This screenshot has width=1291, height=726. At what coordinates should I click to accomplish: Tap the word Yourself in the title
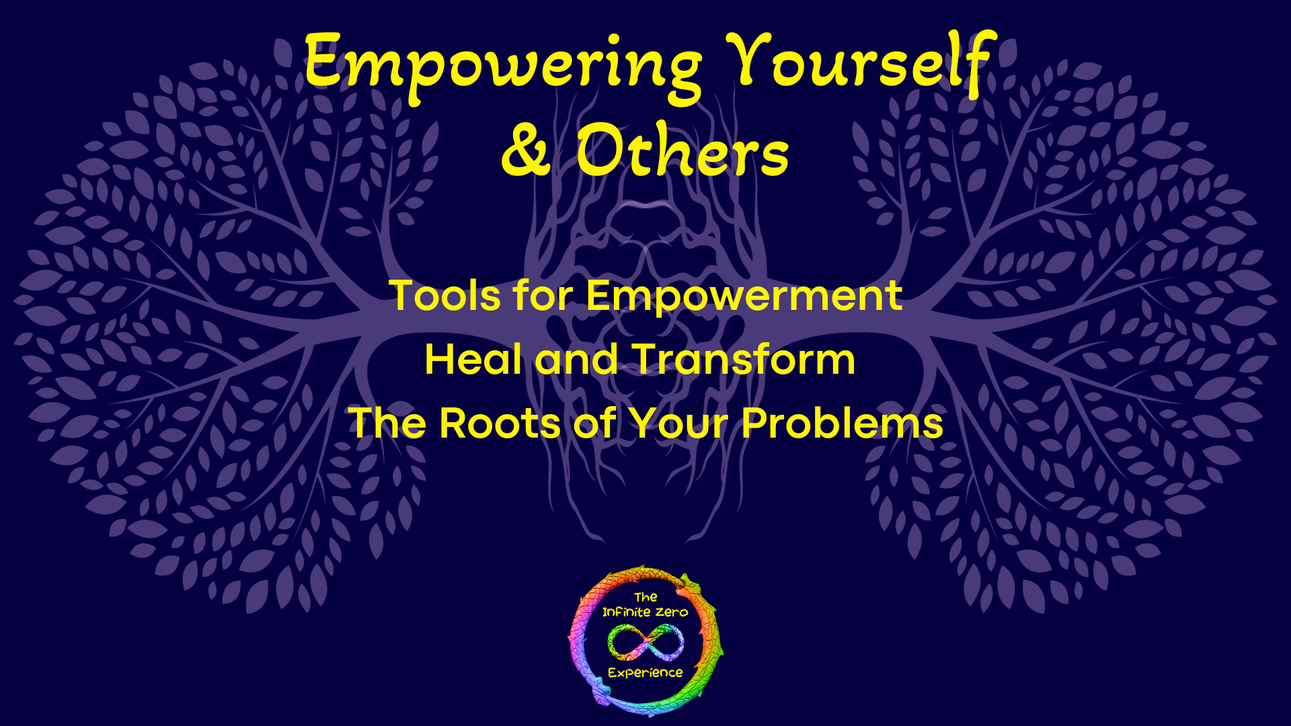click(x=861, y=64)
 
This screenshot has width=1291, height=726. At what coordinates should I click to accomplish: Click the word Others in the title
click(x=682, y=152)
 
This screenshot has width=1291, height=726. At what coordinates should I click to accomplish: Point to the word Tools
click(x=444, y=295)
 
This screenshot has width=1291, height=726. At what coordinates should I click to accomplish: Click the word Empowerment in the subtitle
click(x=744, y=295)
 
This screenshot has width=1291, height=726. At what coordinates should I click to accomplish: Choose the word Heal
click(x=473, y=359)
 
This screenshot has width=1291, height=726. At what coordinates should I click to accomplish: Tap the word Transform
click(x=743, y=359)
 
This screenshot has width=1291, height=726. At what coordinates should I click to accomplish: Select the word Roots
click(x=500, y=424)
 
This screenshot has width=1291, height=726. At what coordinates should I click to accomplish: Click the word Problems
click(x=842, y=424)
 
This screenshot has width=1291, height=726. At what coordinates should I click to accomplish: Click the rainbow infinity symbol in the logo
click(x=645, y=641)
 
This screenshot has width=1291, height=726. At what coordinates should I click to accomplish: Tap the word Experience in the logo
click(x=645, y=673)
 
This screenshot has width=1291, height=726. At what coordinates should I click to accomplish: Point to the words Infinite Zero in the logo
click(x=645, y=612)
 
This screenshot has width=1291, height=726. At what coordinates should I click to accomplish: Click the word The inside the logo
click(x=645, y=597)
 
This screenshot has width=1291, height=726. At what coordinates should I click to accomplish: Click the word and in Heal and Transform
click(x=576, y=359)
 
